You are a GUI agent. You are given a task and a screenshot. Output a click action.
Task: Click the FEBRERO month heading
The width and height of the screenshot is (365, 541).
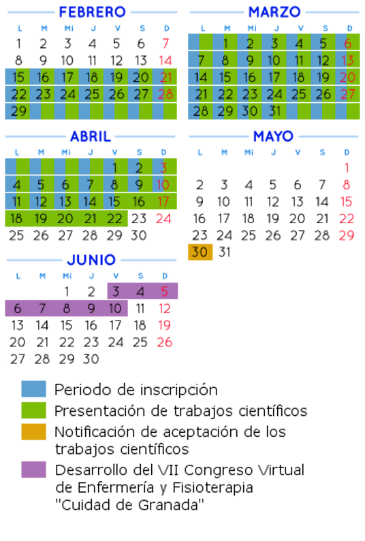[x=92, y=12]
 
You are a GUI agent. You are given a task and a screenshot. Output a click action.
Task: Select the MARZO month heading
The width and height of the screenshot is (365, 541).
[x=274, y=12]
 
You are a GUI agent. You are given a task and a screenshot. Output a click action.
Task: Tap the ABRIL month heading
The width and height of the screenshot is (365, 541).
[x=91, y=136]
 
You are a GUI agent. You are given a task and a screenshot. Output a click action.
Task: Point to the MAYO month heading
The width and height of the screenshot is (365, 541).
[x=273, y=136]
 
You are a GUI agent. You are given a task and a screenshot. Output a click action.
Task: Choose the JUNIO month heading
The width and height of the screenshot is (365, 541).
[x=91, y=260]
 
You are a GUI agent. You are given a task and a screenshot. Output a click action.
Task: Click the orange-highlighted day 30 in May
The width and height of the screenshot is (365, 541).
[x=200, y=252]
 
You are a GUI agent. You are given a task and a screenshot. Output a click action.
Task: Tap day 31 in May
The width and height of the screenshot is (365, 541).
[x=225, y=252]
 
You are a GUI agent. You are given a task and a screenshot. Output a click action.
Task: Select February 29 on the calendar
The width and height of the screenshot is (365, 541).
[x=18, y=111]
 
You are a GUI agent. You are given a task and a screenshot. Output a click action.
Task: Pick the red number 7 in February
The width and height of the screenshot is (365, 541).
[x=165, y=44]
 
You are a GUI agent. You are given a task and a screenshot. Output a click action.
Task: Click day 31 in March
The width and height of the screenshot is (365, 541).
[x=274, y=111]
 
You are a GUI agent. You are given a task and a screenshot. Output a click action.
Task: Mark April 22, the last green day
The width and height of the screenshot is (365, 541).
[x=114, y=218]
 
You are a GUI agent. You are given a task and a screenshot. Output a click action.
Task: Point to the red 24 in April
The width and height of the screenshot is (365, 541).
[x=163, y=218]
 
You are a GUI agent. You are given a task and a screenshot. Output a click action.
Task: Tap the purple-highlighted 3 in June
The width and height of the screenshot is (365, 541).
[x=116, y=292]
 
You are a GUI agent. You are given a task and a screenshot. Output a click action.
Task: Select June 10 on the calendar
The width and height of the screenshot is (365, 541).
[x=115, y=308]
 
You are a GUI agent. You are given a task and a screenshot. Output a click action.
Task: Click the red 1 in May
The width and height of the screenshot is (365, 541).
[x=347, y=168]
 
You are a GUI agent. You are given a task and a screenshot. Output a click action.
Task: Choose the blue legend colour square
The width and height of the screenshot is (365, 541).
[x=33, y=389]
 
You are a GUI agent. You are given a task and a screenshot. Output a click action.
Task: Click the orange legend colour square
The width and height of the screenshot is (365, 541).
[x=33, y=431]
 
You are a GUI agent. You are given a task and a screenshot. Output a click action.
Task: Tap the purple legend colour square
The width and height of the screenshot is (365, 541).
[x=33, y=470]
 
